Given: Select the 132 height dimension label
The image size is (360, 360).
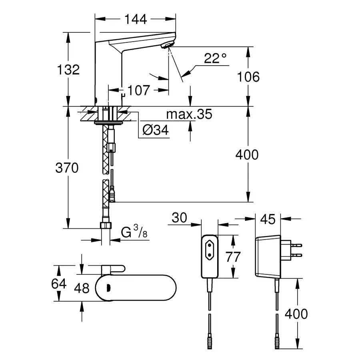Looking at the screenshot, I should coord(68,70).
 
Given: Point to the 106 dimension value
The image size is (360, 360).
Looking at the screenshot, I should coord(248,76).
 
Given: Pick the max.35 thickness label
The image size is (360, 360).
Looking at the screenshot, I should coord(189,115).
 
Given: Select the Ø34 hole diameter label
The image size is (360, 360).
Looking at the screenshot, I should coord(156,130).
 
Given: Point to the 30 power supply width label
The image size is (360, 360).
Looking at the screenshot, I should coord(180,218).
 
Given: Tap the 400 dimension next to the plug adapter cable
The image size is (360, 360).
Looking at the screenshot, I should coord(296,314).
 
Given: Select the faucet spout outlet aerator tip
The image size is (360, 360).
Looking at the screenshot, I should coord(168,45).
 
